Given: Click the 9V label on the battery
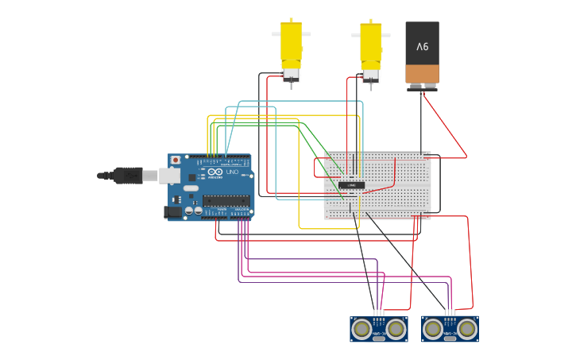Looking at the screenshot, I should tap(422, 47).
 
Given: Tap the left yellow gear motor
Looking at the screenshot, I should tap(291, 48).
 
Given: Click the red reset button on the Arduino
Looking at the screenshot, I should tap(175, 160).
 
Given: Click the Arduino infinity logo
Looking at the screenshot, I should tap(215, 172).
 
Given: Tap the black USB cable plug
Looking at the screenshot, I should tap(127, 175).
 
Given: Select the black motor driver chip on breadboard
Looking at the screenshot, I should tap(351, 185).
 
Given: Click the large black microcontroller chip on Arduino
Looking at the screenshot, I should tap(226, 200).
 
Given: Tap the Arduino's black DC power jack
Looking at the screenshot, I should tap(171, 211).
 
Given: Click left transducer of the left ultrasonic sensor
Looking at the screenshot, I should tap(362, 328).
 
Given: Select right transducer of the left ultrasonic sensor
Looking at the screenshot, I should tap(396, 328).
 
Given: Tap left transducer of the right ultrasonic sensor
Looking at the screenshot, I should tap(433, 328).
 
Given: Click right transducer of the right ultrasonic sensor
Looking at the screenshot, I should tap(466, 328).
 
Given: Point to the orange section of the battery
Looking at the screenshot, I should tap(422, 74).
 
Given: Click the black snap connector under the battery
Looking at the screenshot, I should tap(422, 88).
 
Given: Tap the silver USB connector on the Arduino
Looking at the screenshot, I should tap(169, 176).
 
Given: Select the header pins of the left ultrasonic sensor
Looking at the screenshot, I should tap(379, 312).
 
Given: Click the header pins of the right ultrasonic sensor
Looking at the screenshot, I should tap(450, 312).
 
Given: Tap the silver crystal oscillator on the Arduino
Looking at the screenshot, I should tap(191, 188).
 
